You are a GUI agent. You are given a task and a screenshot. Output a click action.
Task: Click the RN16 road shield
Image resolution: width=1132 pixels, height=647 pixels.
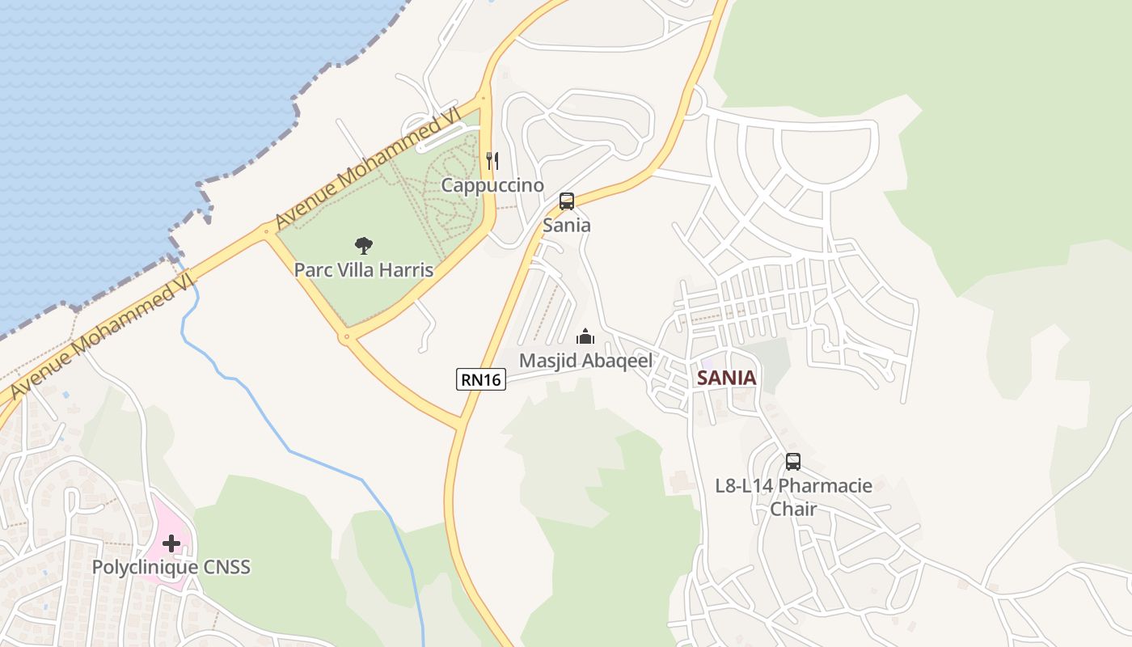coord(481,378)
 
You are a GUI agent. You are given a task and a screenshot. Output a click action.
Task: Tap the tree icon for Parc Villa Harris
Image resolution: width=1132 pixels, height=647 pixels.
coord(364,245)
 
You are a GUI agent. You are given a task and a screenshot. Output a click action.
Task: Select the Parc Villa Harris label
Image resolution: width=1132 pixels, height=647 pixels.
coord(364,269)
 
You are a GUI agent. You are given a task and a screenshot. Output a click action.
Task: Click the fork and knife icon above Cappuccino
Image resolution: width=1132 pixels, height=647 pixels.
coord(492,161)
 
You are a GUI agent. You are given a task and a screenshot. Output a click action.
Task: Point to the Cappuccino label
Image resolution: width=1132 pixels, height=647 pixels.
coord(492,185)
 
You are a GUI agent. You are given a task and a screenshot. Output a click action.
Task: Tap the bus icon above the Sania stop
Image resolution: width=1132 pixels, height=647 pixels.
coord(567,201)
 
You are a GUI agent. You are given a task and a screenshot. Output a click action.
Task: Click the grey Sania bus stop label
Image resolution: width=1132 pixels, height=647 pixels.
coord(567,225)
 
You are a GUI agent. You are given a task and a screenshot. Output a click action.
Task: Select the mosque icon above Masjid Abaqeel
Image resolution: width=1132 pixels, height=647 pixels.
coord(585,336)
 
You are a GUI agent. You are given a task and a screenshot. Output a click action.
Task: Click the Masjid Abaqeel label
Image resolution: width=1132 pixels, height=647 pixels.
coord(585,361)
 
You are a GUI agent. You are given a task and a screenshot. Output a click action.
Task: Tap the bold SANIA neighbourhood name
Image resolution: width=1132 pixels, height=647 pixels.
coord(727,378)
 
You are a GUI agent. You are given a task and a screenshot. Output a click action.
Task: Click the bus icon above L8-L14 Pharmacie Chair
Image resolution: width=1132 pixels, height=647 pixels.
coord(793,462)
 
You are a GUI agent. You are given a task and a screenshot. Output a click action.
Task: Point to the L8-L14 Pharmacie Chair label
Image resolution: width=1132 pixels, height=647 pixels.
coord(793,497)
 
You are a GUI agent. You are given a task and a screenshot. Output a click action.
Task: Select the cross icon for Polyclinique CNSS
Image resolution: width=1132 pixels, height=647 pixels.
coord(171,543)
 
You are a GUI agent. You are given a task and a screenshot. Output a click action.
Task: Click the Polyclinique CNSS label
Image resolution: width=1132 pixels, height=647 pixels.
coord(171,567)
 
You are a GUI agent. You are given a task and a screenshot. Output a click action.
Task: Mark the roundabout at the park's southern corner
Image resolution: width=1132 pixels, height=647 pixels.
coord(348,336)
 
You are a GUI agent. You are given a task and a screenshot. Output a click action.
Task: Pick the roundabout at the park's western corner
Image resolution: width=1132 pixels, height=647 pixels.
coord(266,232)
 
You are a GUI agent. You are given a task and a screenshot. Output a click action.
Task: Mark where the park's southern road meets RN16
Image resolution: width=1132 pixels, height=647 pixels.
coord(462,421)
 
